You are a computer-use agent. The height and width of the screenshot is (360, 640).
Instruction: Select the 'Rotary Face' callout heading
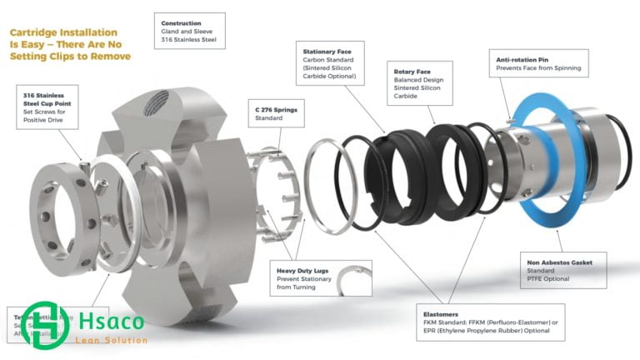(412, 72)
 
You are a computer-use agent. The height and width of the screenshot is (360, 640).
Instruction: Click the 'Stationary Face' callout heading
(327, 51)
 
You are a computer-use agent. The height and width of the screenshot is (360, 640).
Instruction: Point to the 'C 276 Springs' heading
(277, 110)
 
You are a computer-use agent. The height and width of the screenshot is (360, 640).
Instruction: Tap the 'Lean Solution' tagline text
(111, 340)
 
